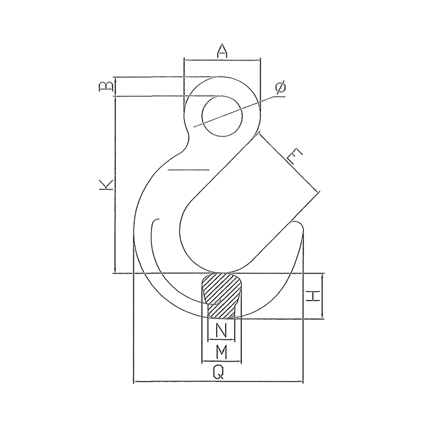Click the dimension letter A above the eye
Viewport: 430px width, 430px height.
pyautogui.click(x=223, y=51)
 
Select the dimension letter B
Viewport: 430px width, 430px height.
pyautogui.click(x=106, y=86)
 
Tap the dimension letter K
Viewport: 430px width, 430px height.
pyautogui.click(x=106, y=185)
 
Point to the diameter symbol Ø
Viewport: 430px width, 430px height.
pyautogui.click(x=281, y=88)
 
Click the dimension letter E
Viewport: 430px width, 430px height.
pyautogui.click(x=295, y=156)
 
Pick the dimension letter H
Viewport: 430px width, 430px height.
pyautogui.click(x=313, y=296)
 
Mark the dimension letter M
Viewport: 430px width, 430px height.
pyautogui.click(x=221, y=352)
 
